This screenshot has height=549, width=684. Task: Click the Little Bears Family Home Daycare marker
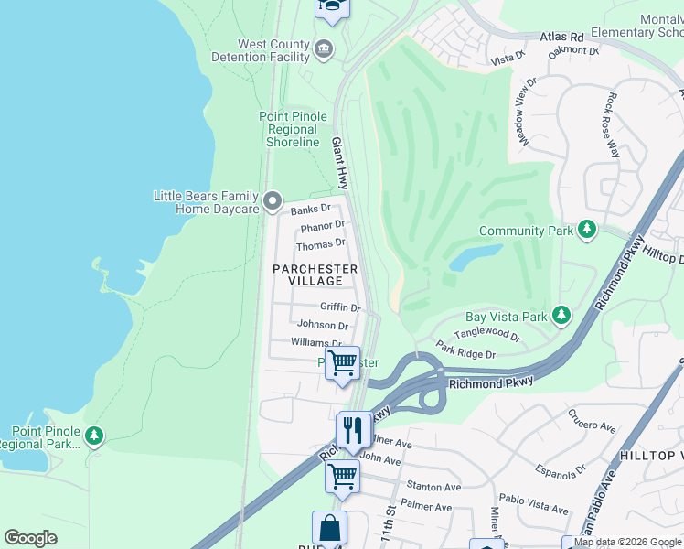point(272,200)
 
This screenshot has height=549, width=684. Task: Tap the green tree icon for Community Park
point(588,230)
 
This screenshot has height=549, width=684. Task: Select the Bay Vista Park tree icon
point(561,316)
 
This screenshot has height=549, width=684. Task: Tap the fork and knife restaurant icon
point(353,429)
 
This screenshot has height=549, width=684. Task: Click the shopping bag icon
point(329,529)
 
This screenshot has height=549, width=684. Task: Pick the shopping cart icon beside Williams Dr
point(342,362)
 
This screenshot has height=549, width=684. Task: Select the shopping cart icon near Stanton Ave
point(342,476)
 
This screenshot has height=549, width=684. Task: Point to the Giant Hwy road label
point(340,164)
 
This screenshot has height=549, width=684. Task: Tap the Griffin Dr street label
point(340,307)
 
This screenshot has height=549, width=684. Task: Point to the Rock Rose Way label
point(615,124)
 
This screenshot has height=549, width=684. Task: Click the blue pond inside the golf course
point(475,257)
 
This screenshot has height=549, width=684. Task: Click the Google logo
point(31,538)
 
